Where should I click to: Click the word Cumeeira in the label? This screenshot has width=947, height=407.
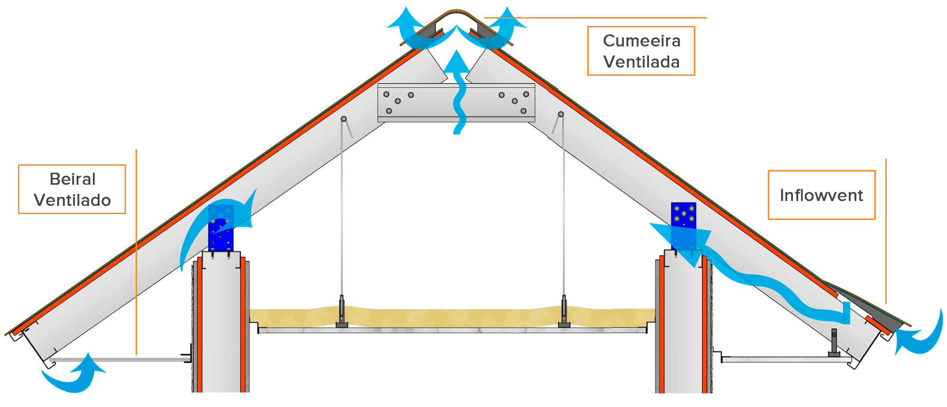[x=641, y=41]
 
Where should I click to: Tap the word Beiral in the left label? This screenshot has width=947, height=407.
[x=73, y=179]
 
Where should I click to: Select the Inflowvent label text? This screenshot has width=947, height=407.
[x=821, y=195]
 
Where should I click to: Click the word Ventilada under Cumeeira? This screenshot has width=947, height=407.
[x=641, y=62]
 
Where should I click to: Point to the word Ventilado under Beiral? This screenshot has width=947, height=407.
[x=73, y=200]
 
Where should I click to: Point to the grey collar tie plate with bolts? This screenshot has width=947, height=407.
[x=456, y=103]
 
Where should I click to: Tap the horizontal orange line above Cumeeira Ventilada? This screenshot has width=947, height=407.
[x=594, y=18]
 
